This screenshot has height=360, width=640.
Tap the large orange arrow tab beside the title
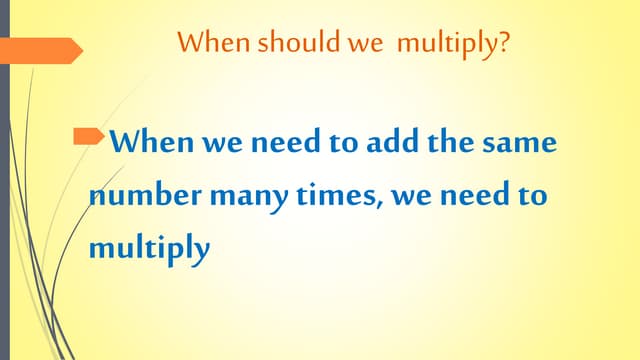click(x=40, y=50)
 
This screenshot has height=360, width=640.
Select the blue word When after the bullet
click(x=151, y=142)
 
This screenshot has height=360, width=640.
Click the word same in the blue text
click(x=516, y=142)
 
